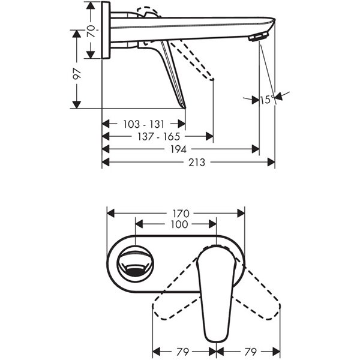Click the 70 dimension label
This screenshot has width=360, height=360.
point(91,31)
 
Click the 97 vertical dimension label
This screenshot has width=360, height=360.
point(77,73)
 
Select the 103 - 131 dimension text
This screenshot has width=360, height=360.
point(144,124)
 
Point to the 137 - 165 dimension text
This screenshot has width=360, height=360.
point(158,137)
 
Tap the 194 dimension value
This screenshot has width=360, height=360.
point(178,149)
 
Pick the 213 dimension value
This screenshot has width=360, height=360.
point(197,163)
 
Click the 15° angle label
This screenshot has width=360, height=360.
point(267,100)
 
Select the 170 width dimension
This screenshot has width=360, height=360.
point(181,214)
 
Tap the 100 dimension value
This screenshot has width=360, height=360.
point(179,224)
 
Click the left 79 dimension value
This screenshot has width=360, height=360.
point(183,352)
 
